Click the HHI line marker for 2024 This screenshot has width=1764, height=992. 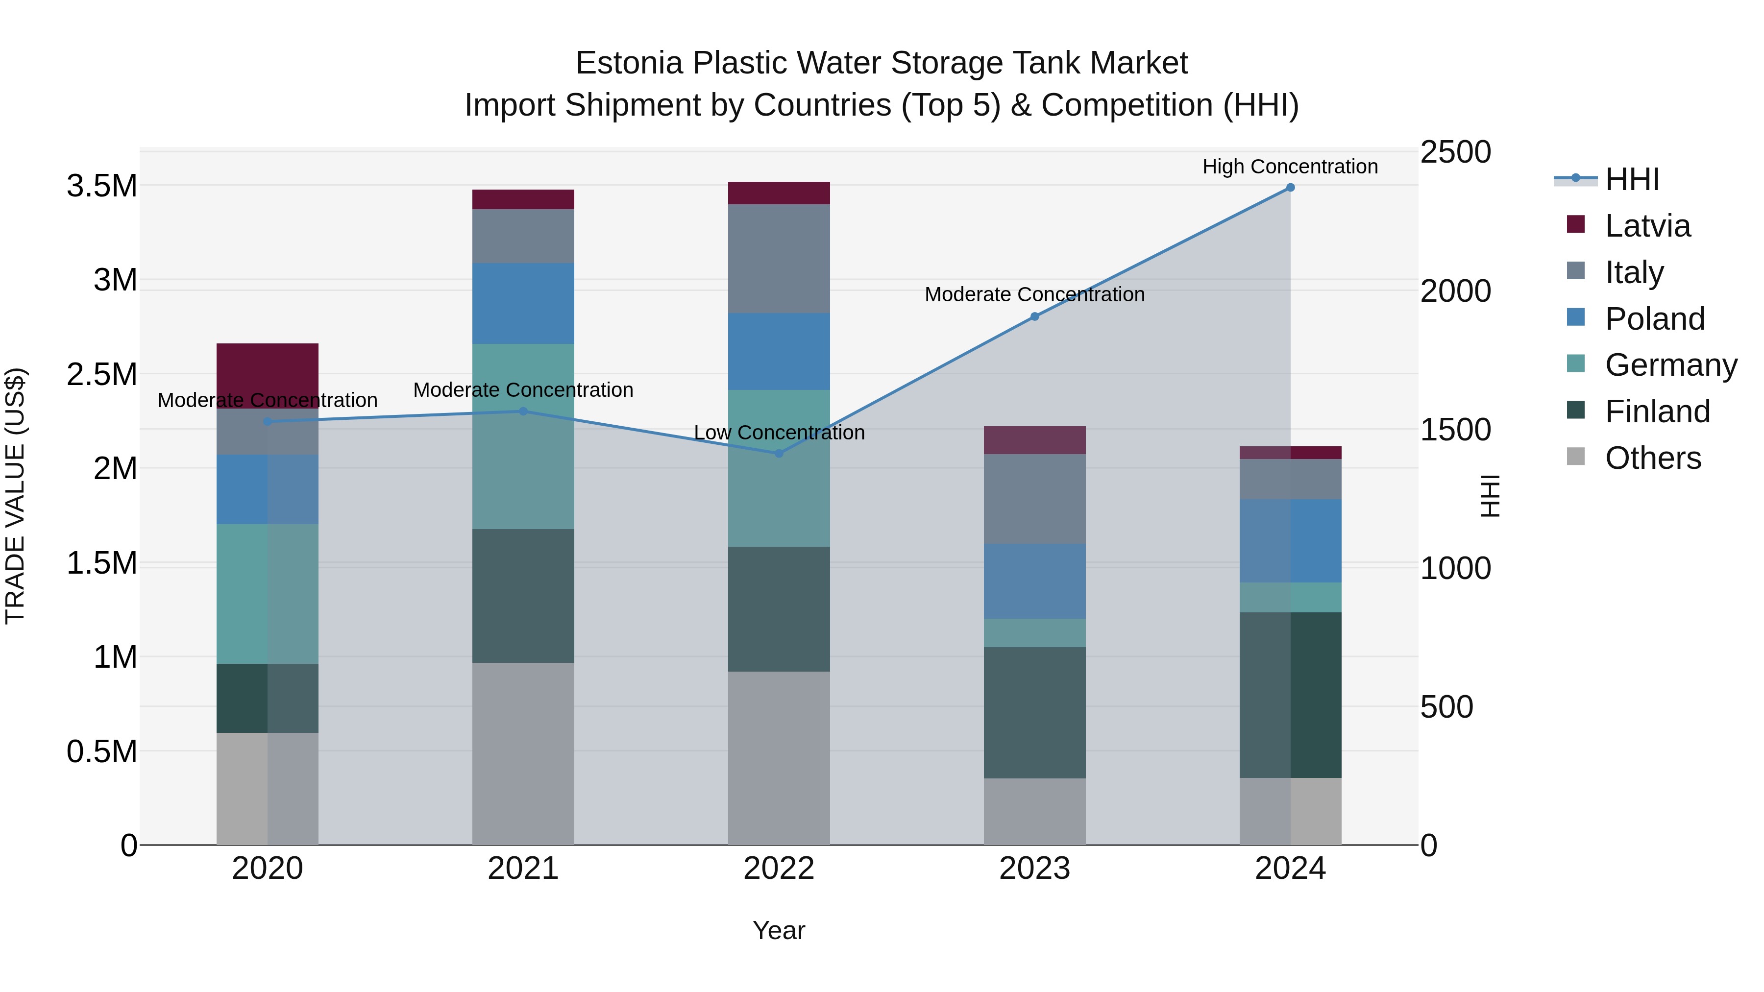(x=1290, y=188)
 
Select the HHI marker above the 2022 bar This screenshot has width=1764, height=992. (x=779, y=453)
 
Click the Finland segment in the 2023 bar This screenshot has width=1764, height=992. (x=1034, y=712)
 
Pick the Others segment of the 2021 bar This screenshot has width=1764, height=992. (x=523, y=753)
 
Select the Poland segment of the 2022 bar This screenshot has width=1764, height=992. (x=779, y=351)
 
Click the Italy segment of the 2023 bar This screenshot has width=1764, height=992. (x=1034, y=498)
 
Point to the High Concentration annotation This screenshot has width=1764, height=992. (x=1290, y=167)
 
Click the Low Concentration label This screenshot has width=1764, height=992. (x=779, y=433)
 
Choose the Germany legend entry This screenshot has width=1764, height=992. (x=1670, y=365)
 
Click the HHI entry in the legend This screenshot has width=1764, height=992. (x=1631, y=179)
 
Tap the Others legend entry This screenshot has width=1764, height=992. (x=1652, y=458)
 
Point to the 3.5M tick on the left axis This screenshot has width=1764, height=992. (x=101, y=186)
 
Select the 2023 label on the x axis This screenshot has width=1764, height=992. (x=1034, y=869)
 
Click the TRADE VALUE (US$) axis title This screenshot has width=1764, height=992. (x=15, y=496)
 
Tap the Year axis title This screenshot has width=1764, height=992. (x=779, y=930)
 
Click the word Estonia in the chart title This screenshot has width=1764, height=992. (x=629, y=63)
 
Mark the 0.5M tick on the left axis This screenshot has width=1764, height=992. (x=101, y=751)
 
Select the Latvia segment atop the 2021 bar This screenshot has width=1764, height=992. (x=523, y=199)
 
